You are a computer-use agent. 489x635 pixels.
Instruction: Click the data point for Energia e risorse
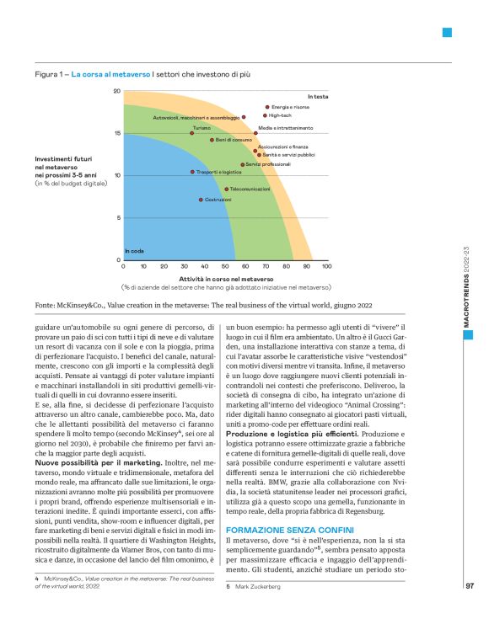tap(267, 107)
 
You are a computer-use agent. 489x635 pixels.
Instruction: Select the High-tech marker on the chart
tap(266, 115)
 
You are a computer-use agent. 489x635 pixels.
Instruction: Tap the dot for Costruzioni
tap(201, 200)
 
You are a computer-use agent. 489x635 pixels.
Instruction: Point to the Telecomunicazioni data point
tap(226, 189)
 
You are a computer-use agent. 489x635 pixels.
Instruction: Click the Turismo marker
tap(192, 133)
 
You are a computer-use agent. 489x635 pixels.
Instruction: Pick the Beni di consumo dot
tap(212, 140)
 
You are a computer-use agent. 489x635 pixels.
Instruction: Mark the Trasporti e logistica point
tap(192, 171)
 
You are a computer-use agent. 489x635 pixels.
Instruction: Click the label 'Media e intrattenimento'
tap(285, 128)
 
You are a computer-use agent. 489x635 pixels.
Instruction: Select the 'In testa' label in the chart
tap(318, 98)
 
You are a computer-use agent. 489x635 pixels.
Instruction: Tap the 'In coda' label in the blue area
tap(134, 251)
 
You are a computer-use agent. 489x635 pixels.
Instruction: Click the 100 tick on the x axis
tap(326, 266)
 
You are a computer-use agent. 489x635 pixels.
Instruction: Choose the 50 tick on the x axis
tap(225, 266)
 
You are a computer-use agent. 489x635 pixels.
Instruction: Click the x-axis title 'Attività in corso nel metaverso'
tap(226, 278)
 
